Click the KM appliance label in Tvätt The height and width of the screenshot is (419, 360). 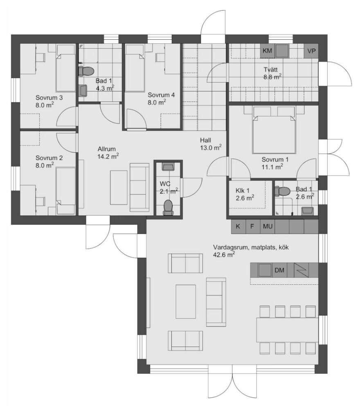267,50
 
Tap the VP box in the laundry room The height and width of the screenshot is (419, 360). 311,51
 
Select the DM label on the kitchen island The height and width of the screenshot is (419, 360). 279,270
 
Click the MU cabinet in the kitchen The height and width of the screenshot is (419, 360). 268,227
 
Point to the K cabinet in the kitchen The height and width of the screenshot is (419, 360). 238,227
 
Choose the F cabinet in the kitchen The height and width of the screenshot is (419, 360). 252,227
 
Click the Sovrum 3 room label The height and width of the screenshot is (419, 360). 49,97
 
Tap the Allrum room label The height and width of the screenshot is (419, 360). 106,149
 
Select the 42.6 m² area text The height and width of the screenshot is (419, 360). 224,255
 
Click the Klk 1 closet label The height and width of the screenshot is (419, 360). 243,191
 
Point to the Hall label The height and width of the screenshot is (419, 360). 205,140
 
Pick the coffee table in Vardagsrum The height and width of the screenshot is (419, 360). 186,302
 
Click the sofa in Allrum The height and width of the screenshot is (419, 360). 139,187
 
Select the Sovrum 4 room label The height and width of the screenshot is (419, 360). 161,95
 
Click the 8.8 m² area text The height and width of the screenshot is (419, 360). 272,77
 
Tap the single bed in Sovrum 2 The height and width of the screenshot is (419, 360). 66,191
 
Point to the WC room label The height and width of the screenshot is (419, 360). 165,184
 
